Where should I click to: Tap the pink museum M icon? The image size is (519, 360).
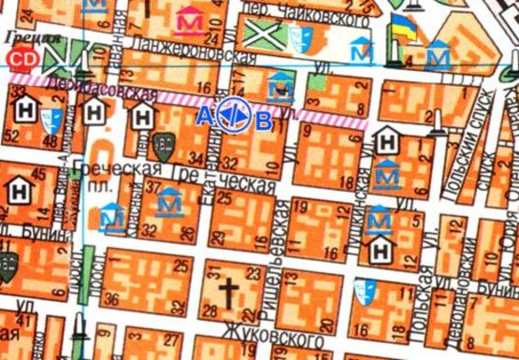(193, 20)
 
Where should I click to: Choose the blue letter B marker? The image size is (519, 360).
(265, 119)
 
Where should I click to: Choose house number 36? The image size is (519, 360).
(112, 299)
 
